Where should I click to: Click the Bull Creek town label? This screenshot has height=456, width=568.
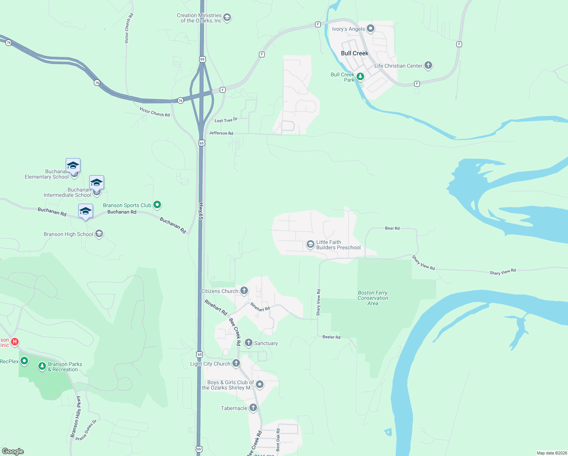pyautogui.click(x=355, y=53)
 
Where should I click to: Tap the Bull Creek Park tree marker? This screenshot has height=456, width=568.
pyautogui.click(x=360, y=76)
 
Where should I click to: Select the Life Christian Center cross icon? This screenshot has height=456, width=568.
pyautogui.click(x=428, y=65)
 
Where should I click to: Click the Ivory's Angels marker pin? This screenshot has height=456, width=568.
pyautogui.click(x=371, y=28)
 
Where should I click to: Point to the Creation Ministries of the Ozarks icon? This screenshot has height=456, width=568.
pyautogui.click(x=227, y=17)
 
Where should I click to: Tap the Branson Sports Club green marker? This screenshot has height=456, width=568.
pyautogui.click(x=157, y=205)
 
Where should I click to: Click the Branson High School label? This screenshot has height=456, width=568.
pyautogui.click(x=68, y=234)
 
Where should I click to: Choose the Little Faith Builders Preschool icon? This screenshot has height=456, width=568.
pyautogui.click(x=311, y=244)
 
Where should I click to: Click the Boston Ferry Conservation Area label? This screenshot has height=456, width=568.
pyautogui.click(x=373, y=298)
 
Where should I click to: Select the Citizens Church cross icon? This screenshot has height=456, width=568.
pyautogui.click(x=244, y=291)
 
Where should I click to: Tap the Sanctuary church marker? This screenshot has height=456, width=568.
pyautogui.click(x=249, y=343)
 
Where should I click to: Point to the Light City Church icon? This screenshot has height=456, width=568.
pyautogui.click(x=236, y=363)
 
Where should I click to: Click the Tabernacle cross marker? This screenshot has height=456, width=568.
pyautogui.click(x=253, y=408)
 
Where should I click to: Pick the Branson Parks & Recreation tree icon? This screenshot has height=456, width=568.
pyautogui.click(x=42, y=366)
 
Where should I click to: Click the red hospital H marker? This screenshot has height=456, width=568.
pyautogui.click(x=15, y=342)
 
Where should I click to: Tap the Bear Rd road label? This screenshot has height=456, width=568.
pyautogui.click(x=392, y=228)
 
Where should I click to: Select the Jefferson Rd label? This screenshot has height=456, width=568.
pyautogui.click(x=221, y=133)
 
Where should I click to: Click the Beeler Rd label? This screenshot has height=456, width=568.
pyautogui.click(x=331, y=337)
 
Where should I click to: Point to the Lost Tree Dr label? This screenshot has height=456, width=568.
pyautogui.click(x=226, y=120)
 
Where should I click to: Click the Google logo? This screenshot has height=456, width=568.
pyautogui.click(x=13, y=451)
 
